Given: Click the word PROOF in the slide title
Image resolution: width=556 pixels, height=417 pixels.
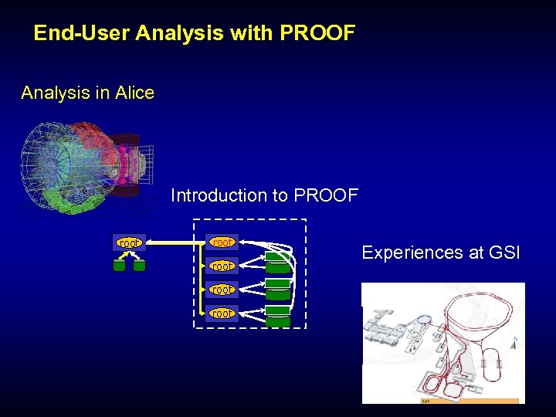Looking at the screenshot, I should (x=317, y=33).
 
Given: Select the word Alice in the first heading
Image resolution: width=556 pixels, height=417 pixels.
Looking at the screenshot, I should (x=134, y=93).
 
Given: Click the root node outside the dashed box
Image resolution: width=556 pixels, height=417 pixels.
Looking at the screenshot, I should (x=129, y=243).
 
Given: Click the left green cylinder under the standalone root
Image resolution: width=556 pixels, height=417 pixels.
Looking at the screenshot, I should (x=119, y=266).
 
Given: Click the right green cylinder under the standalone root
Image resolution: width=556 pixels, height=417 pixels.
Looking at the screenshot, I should (x=139, y=266).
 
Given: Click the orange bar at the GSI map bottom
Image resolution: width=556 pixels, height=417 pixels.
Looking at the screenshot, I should (x=469, y=401).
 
